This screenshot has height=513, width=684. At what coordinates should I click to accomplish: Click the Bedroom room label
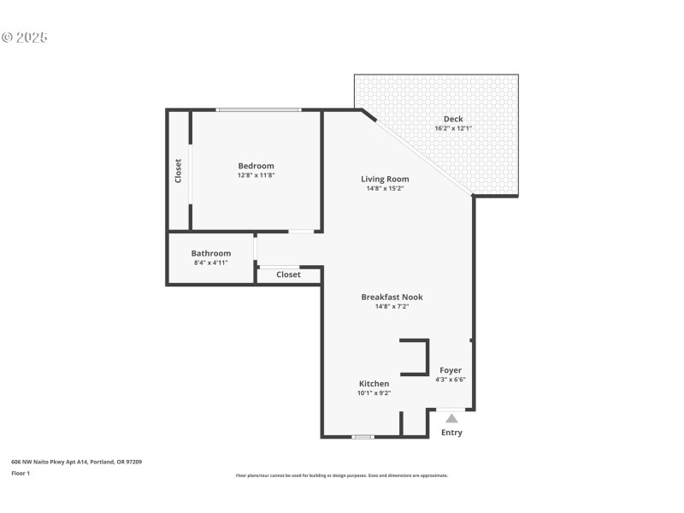tap(256, 166)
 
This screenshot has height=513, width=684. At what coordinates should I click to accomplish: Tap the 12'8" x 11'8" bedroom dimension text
tap(256, 175)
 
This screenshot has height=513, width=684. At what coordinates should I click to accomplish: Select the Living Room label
tap(385, 179)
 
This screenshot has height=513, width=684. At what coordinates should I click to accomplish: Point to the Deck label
tap(453, 119)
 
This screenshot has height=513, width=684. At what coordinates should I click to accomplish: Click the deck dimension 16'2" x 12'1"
tap(453, 128)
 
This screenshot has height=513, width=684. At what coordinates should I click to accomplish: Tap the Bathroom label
tap(210, 253)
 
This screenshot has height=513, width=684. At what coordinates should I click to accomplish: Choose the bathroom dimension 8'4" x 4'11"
tap(210, 262)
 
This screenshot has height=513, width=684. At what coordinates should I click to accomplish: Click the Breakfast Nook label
tap(392, 297)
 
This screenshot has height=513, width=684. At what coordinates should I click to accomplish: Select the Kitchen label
tap(374, 384)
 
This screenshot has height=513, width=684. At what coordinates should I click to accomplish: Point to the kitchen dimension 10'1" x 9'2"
tap(374, 393)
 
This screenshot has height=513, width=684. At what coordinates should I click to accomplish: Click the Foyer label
tap(451, 370)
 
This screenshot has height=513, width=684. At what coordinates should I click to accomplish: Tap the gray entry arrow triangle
tap(451, 418)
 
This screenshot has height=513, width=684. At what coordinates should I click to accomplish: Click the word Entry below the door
tap(451, 433)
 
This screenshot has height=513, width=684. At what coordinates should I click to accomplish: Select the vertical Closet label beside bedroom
tap(179, 170)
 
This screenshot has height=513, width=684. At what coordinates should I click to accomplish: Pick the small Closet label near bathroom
tap(288, 274)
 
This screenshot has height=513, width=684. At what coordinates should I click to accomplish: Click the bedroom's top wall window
tap(257, 109)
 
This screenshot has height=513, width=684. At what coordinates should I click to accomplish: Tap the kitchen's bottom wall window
tap(363, 437)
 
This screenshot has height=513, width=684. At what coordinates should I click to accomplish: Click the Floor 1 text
tap(21, 473)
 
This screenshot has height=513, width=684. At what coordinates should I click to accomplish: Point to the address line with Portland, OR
tap(76, 462)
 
